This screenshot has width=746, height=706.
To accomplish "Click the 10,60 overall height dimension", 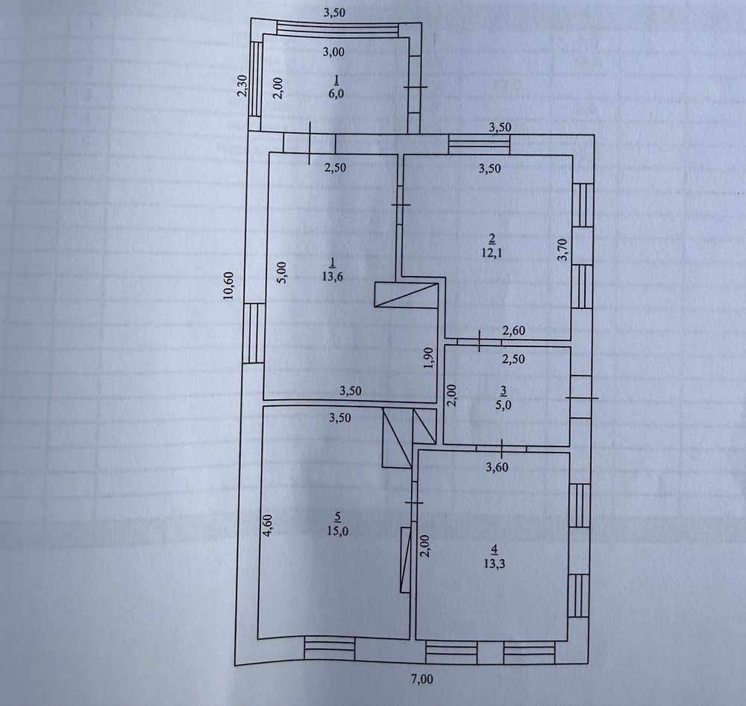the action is (229, 285).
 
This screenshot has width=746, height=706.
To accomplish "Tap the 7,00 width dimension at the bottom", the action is (422, 679).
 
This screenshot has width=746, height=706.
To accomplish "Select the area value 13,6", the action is (332, 277).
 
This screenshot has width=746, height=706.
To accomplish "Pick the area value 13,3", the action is (494, 563).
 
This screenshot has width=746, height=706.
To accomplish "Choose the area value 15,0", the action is (337, 531).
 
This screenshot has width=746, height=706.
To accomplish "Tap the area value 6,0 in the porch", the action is (336, 93).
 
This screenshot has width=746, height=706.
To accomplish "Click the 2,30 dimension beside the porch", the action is (242, 86).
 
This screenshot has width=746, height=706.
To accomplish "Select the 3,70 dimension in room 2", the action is (562, 249).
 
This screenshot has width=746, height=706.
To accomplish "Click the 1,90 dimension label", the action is (429, 357).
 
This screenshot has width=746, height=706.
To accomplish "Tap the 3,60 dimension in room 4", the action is (497, 467).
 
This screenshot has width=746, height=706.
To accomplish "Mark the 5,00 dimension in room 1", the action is (282, 273).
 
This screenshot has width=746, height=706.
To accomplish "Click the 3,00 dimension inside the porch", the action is (333, 51).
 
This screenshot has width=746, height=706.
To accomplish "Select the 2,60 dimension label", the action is (513, 331).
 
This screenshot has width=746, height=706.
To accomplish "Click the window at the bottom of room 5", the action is (329, 649).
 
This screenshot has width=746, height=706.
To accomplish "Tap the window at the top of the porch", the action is (338, 30).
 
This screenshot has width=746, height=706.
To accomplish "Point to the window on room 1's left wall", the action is (253, 334).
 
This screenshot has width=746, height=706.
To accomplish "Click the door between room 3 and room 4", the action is (502, 449).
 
